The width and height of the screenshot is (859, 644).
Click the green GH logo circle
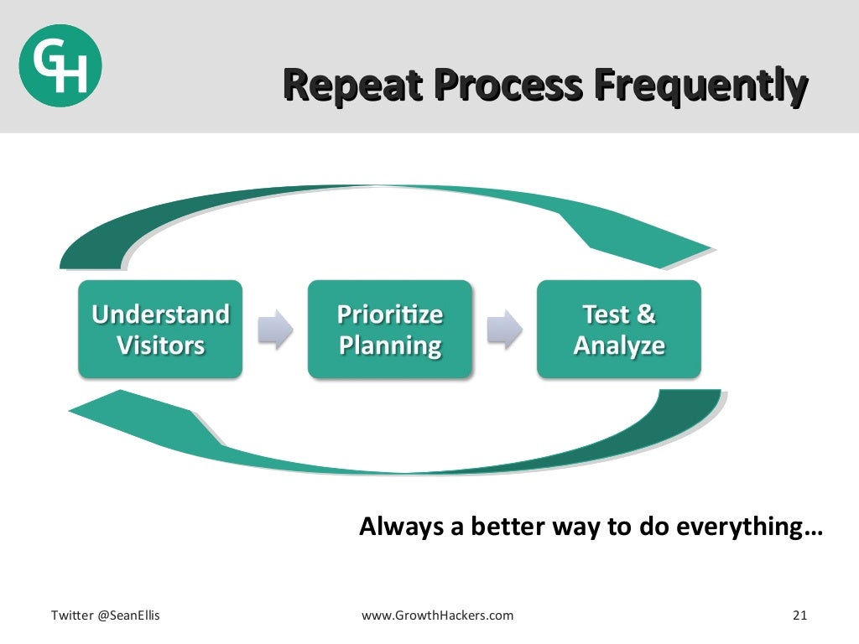click(x=60, y=65)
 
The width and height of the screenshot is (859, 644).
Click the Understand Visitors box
click(x=160, y=329)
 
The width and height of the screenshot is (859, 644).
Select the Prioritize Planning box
click(x=389, y=329)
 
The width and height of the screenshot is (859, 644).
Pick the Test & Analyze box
click(x=618, y=329)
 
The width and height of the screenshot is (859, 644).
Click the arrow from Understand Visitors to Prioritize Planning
click(x=275, y=329)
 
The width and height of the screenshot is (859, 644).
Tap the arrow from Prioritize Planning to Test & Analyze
click(x=504, y=329)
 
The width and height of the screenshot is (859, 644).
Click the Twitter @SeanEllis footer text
click(x=106, y=615)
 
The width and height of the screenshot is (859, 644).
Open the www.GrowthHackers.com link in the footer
click(x=437, y=615)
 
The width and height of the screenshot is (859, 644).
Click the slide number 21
click(x=799, y=615)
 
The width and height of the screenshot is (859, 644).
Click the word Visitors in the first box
click(x=160, y=345)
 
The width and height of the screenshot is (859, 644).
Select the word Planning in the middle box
click(x=389, y=345)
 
